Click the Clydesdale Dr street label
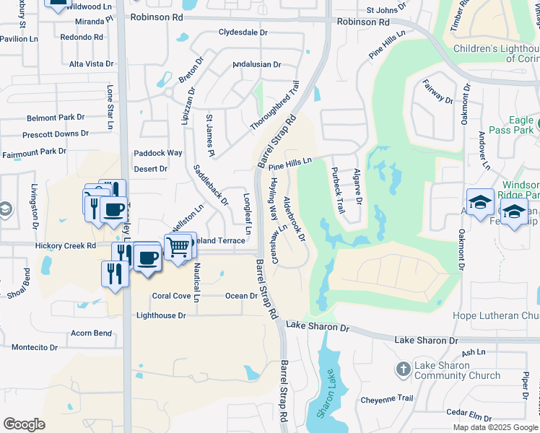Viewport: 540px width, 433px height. click(243, 33)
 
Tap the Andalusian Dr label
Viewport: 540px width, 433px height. click(256, 64)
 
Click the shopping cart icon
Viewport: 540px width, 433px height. click(178, 248)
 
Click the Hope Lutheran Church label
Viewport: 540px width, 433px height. click(495, 315)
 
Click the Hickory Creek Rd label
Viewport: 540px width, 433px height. click(66, 246)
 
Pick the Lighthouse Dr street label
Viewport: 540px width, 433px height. click(161, 315)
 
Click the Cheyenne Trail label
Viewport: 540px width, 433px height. click(386, 398)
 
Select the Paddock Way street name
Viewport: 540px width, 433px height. click(158, 153)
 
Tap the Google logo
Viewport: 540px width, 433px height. click(24, 424)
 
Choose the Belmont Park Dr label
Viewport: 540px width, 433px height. click(56, 118)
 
